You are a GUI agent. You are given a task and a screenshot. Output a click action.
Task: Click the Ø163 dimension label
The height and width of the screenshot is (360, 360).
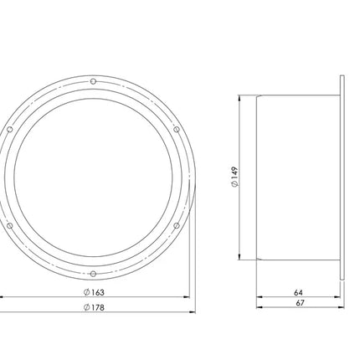[x=94, y=292]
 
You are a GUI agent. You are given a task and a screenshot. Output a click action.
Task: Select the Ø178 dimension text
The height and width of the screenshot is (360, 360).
[x=94, y=307]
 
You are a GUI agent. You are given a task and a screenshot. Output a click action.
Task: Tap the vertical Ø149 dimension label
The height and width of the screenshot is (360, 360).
[x=234, y=177]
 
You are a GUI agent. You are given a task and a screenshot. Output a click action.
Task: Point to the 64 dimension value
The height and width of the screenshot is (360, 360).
[x=298, y=292]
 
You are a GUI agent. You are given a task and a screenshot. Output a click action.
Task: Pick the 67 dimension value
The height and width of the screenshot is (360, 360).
[x=300, y=303]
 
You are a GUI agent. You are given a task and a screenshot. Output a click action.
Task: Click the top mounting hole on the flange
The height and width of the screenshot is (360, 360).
[x=94, y=81]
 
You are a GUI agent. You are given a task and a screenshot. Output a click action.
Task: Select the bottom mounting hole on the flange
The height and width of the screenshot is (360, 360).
[x=94, y=274]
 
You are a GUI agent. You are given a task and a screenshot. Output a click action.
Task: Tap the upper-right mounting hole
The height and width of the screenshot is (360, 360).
[x=177, y=129]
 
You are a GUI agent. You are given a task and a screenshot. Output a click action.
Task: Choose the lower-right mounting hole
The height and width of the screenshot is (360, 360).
[x=177, y=225]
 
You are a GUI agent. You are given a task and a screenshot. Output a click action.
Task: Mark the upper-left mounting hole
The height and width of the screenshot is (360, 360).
[x=10, y=129]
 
